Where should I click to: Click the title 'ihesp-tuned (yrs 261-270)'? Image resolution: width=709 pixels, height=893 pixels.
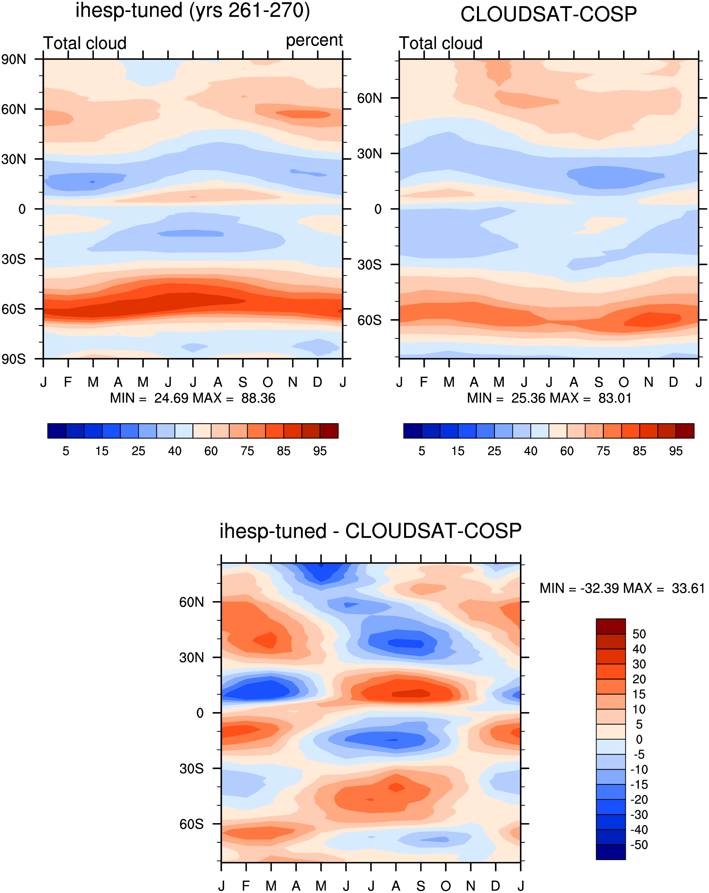(193, 11)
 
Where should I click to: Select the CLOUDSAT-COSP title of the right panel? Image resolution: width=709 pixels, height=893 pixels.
(548, 15)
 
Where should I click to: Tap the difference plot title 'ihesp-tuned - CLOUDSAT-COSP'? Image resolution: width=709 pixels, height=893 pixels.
(370, 531)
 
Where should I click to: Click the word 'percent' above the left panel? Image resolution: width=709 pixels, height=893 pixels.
(314, 41)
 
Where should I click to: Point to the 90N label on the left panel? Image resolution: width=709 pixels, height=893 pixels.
(14, 59)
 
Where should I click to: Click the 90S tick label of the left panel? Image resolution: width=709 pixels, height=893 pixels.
(14, 359)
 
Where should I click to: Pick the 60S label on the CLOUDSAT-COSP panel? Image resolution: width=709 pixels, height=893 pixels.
(369, 320)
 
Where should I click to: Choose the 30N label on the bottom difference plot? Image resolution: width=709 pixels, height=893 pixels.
(191, 657)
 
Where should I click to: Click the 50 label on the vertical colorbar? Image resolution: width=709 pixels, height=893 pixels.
(639, 634)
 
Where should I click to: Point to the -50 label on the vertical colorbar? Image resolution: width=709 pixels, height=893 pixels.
(639, 844)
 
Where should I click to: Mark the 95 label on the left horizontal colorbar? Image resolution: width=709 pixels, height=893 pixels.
(320, 451)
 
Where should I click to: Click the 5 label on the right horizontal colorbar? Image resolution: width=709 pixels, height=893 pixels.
(421, 451)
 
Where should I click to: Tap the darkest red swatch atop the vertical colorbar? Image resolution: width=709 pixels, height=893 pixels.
(611, 626)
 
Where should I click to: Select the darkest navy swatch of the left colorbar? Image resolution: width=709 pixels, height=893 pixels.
(57, 431)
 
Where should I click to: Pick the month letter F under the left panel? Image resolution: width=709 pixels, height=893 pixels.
(68, 382)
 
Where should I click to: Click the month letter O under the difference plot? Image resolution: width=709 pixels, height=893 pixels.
(446, 886)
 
